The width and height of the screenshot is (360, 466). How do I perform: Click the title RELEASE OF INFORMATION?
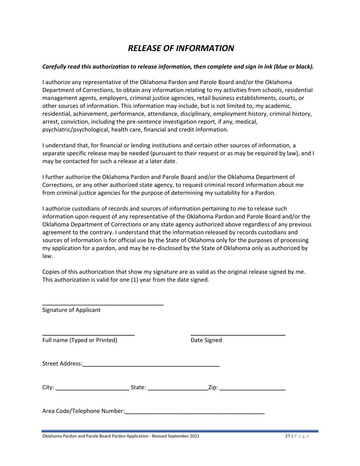click(x=181, y=48)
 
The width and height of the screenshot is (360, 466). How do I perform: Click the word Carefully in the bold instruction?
click(x=55, y=67)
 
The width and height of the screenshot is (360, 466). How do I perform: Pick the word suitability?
click(x=212, y=192)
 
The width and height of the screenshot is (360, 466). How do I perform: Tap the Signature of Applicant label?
click(x=71, y=310)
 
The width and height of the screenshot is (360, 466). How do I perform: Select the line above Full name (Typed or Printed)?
click(x=88, y=334)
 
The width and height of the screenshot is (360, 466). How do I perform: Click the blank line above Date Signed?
click(x=238, y=334)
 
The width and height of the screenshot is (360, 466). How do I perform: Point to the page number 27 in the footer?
click(x=288, y=436)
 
